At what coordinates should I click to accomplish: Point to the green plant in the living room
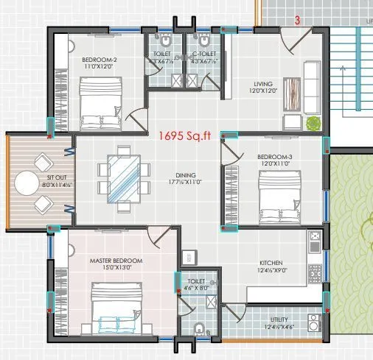(315, 122)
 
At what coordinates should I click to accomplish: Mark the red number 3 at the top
(296, 21)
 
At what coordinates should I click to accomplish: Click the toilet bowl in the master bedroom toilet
(199, 328)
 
